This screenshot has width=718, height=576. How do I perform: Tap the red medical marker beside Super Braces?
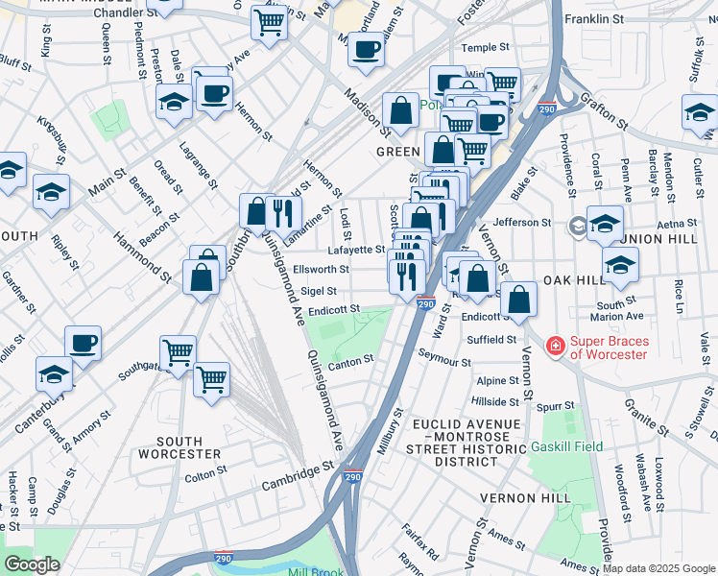555,345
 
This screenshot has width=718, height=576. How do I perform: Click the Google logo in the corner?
32,564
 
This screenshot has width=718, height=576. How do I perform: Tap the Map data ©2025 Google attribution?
658,568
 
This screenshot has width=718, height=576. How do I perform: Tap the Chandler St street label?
126,13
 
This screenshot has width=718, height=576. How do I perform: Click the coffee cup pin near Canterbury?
83,342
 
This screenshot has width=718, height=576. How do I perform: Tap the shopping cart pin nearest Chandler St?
270,21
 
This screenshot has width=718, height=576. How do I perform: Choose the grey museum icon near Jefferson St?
577,227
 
